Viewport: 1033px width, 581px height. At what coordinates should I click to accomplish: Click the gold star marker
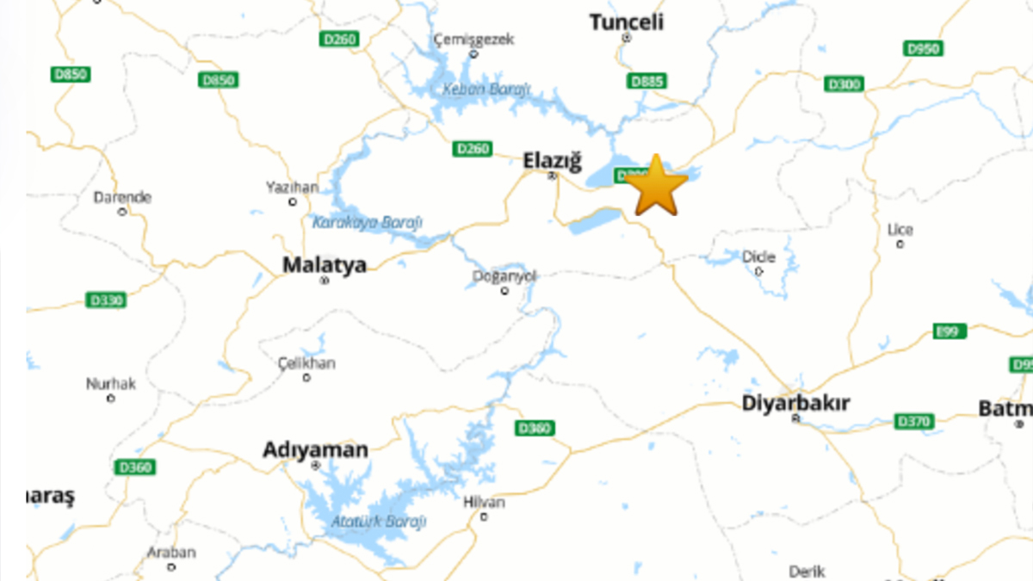[x=656, y=186]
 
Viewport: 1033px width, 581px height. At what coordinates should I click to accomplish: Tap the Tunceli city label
[x=627, y=22]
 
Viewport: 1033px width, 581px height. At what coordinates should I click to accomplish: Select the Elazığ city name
[x=553, y=161]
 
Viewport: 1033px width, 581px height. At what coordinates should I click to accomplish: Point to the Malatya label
[x=325, y=264]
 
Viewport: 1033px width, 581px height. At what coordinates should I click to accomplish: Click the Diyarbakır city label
[x=795, y=403]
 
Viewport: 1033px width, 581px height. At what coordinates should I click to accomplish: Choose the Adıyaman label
[x=315, y=449]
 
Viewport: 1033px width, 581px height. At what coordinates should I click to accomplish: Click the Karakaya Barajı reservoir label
[x=368, y=222]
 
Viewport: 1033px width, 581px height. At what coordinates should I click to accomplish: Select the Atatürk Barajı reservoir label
[x=380, y=522]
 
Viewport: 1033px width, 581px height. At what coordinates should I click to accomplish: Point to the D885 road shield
[x=647, y=82]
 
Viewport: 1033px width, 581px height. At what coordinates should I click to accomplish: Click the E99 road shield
[x=950, y=331]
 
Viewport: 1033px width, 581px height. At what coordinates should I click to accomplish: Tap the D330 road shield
[x=107, y=300]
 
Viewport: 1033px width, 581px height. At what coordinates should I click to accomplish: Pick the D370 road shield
[x=913, y=421]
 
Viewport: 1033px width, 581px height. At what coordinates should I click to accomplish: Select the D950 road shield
[x=924, y=49]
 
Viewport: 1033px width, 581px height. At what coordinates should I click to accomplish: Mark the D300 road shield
[x=844, y=83]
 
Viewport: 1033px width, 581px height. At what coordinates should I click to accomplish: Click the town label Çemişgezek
[x=473, y=40]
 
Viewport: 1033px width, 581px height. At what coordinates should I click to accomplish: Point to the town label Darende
[x=122, y=197]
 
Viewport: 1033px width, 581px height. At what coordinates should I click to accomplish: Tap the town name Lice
[x=900, y=230]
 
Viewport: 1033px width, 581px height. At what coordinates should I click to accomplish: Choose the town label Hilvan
[x=484, y=503]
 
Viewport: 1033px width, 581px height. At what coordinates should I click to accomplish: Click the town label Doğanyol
[x=504, y=276]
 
